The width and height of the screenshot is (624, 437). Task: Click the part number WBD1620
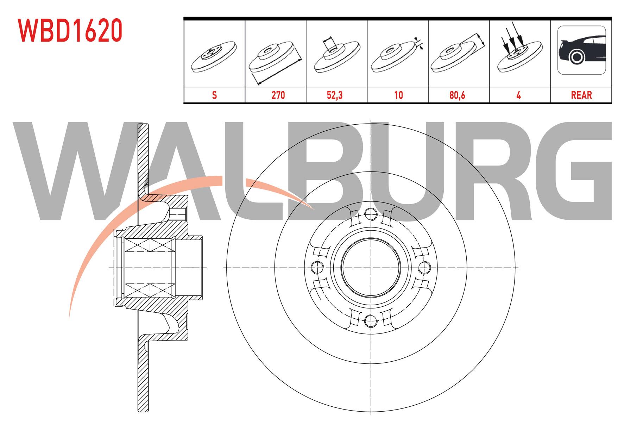coord(70,30)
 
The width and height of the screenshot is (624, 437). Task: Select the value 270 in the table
coord(278,95)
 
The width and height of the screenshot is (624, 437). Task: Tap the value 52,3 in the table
coord(334,95)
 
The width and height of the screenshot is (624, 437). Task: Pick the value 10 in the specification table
coord(398,95)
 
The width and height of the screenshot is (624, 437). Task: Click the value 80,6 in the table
coord(457,95)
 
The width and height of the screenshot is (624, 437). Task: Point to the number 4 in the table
coord(518,95)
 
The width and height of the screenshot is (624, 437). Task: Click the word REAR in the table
coord(581,95)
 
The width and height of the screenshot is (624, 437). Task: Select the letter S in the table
coord(214,95)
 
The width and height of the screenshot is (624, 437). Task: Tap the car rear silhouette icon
coord(581,50)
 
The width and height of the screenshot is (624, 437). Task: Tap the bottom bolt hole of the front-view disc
coord(370,320)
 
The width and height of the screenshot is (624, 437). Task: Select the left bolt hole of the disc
coord(317,267)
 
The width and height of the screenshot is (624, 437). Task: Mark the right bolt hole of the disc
coord(423,267)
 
